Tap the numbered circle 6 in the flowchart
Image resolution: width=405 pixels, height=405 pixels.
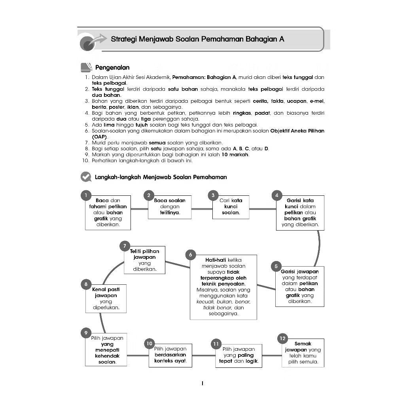tap(190, 255)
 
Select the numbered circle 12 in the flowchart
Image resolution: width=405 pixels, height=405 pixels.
tap(282, 339)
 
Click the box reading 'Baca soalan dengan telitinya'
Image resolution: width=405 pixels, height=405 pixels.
tap(170, 206)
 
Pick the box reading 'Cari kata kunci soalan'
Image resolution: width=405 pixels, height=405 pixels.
tap(231, 206)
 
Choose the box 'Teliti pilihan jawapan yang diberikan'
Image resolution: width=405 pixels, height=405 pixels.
tap(144, 260)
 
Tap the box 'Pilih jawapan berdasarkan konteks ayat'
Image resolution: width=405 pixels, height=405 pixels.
tap(170, 355)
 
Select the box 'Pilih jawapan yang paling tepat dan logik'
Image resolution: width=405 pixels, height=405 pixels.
tap(238, 356)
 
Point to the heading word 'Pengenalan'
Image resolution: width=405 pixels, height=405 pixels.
tap(112, 68)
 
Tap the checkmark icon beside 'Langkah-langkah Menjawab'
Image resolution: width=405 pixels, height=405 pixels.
tap(85, 177)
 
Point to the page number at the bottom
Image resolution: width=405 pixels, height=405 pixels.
tap(202, 383)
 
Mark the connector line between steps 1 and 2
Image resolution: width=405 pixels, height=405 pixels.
tap(140, 208)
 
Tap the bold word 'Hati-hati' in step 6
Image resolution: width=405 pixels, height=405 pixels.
tap(216, 260)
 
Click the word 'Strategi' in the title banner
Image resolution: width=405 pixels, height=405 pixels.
tap(124, 39)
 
